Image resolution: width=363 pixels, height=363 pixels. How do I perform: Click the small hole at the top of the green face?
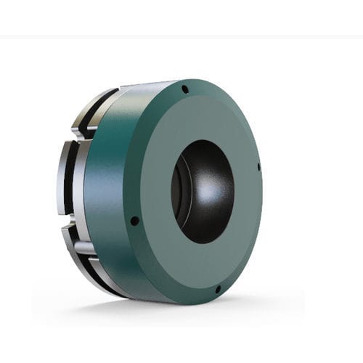[x=185, y=89]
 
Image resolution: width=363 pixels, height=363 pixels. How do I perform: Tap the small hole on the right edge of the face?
[x=258, y=168]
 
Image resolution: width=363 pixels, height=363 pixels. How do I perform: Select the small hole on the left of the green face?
[x=134, y=221]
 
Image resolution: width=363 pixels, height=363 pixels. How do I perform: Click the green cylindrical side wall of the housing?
[x=109, y=189]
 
